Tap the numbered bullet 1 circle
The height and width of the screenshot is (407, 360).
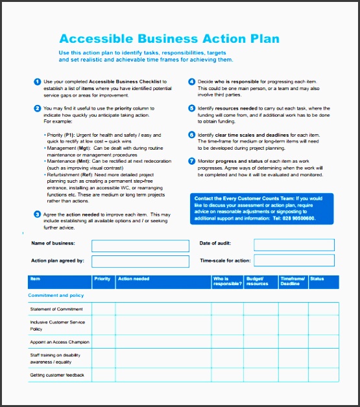[37, 81]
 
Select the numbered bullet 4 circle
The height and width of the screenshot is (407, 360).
[192, 81]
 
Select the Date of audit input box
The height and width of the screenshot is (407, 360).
[294, 244]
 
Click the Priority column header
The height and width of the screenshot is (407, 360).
[102, 279]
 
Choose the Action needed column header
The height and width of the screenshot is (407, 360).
[134, 279]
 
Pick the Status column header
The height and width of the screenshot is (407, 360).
[317, 279]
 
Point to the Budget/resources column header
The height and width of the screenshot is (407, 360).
[258, 281]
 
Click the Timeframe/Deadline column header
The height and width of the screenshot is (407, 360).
[291, 281]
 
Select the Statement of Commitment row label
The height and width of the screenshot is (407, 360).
[56, 309]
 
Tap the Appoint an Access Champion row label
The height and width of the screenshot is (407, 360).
[60, 342]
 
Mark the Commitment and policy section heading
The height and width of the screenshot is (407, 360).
[56, 296]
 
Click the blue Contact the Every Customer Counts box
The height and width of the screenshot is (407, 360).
[262, 209]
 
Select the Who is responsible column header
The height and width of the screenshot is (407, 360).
[226, 281]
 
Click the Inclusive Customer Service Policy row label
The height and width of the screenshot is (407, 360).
[58, 325]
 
